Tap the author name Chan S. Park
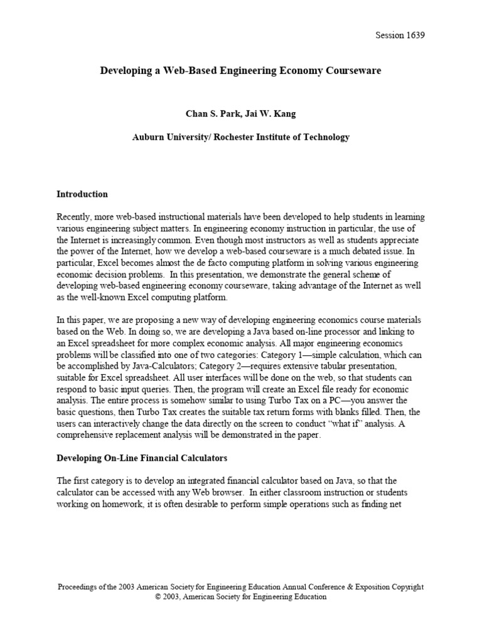(211, 114)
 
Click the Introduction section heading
(82, 194)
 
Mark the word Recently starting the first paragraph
(75, 217)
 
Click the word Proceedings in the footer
(80, 587)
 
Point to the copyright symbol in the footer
(158, 597)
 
